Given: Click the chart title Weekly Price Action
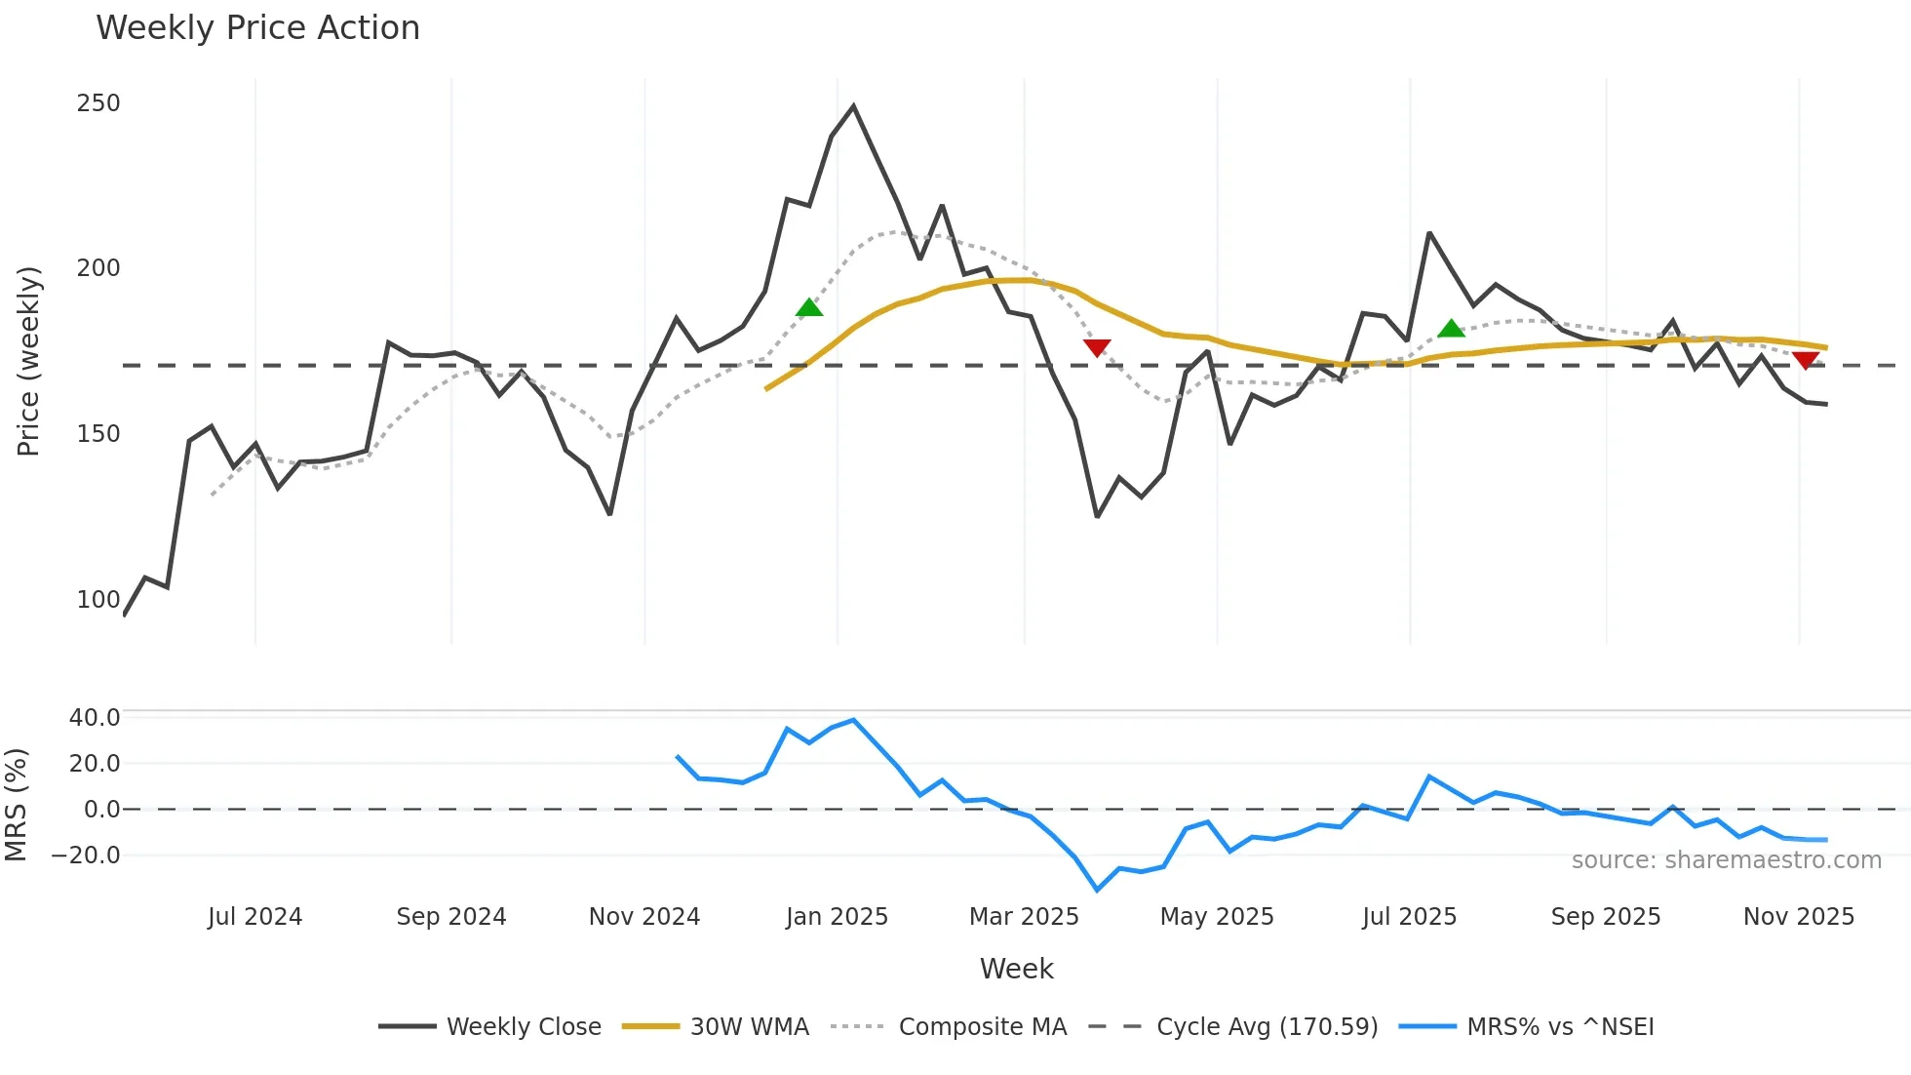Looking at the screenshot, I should tap(257, 28).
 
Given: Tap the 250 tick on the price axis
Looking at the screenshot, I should tap(98, 103).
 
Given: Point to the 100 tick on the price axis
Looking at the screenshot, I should tap(98, 600).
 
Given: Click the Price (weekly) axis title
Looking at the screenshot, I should tap(28, 361).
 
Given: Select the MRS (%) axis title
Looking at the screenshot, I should tap(16, 805).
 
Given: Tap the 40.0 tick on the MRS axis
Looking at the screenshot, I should tap(95, 718).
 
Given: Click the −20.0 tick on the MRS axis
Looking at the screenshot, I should tap(86, 856).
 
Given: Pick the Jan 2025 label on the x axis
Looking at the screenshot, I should tap(837, 917).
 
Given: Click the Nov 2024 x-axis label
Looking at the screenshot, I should tap(644, 917).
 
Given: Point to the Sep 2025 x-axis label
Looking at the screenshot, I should tap(1605, 917).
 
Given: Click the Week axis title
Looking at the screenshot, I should tap(1016, 969).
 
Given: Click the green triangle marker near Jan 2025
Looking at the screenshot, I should tap(809, 308).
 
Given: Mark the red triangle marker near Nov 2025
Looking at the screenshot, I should tap(1806, 360).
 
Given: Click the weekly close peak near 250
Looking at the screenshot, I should tap(853, 106).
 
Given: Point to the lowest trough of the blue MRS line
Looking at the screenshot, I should tap(1097, 890).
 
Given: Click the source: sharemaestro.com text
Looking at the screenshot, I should tap(1726, 860).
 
